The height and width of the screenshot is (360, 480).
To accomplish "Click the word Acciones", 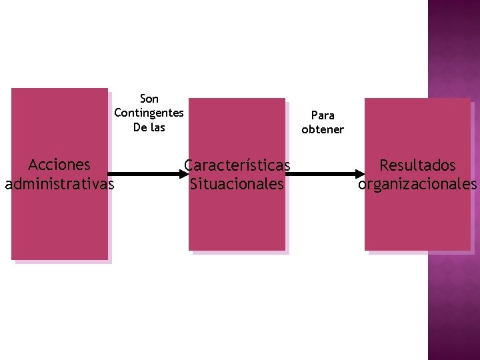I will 59,165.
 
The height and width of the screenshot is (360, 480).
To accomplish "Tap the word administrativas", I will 59,183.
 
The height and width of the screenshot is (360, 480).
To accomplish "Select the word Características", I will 237,165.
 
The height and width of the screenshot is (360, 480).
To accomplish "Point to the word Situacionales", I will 237,183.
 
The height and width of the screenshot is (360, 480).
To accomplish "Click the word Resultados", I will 417,165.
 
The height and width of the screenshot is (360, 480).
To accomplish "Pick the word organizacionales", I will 417,184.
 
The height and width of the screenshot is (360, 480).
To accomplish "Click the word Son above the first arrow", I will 149,99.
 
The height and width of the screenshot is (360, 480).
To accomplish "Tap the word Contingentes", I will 149,113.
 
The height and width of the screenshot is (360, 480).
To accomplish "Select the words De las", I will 149,127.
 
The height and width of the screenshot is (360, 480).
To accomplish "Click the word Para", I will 323,115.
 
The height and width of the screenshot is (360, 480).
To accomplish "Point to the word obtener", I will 323,129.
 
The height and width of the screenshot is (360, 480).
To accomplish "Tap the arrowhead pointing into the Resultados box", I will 361,174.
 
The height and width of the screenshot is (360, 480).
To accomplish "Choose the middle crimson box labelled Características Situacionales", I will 237,220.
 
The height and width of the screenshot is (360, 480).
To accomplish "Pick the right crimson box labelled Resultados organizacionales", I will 417,220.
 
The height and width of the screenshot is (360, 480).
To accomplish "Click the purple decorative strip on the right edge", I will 453,300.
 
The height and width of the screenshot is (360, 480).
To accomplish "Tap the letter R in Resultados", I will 384,165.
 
